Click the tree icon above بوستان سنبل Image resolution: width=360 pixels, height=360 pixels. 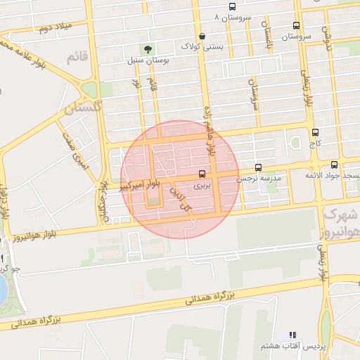pyautogui.click(x=148, y=49)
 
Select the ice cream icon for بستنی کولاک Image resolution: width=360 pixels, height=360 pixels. pyautogui.click(x=202, y=36)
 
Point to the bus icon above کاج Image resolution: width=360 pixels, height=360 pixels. pyautogui.click(x=314, y=132)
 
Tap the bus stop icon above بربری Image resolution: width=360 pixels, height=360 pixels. pyautogui.click(x=202, y=173)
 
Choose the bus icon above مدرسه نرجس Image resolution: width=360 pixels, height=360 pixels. pyautogui.click(x=259, y=168)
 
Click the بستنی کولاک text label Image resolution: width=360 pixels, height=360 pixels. pyautogui.click(x=200, y=46)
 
